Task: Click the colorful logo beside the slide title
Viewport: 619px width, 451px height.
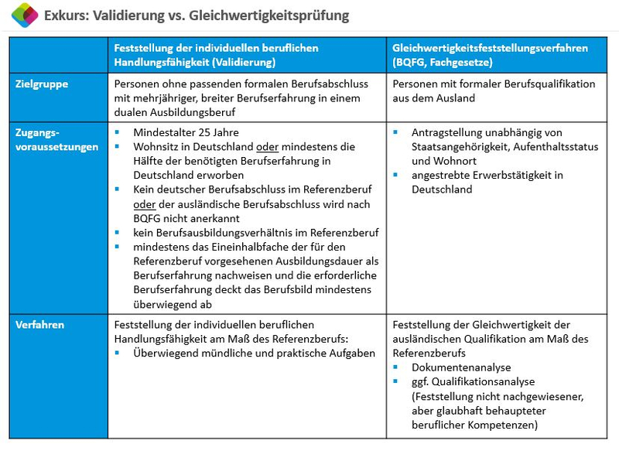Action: coord(25,15)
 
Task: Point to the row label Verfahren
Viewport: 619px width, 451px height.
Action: coord(39,325)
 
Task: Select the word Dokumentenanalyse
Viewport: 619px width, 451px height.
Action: coord(461,367)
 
